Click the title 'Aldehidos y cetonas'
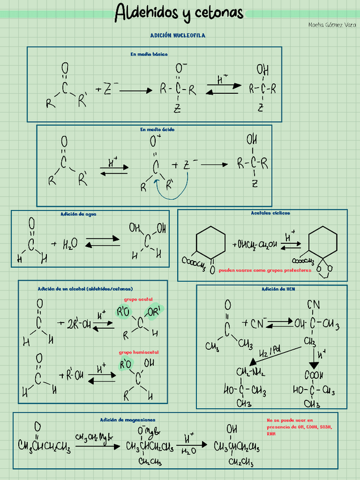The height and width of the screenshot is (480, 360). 179,12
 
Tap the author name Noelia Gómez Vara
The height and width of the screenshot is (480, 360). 332,24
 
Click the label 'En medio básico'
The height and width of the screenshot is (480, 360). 149,54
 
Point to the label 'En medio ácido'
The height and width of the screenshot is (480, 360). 157,130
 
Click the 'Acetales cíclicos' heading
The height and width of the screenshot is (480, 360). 270,213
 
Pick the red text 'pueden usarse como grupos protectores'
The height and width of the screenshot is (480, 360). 265,271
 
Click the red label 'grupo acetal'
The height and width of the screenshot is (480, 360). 139,299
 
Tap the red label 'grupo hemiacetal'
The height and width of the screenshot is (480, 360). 139,352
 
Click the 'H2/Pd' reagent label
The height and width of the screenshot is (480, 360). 270,353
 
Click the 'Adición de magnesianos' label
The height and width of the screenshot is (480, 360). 127,419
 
